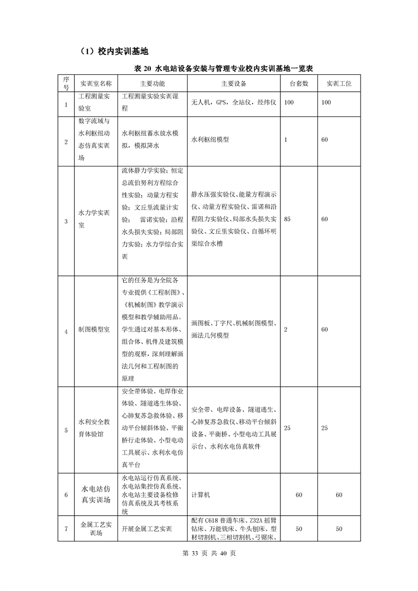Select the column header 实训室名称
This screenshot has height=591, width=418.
pos(95,83)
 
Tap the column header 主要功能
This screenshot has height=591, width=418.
pos(152,83)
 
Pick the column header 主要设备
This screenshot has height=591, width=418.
pos(234,83)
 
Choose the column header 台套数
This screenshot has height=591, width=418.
pos(299,83)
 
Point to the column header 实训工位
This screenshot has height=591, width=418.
pos(339,83)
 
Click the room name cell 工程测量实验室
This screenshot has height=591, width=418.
pos(95,102)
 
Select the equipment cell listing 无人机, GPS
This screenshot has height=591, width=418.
pos(234,102)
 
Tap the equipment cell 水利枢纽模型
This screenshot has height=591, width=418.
pos(210,140)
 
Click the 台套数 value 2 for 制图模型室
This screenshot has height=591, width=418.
pos(286,329)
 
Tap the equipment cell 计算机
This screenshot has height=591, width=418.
pos(201,495)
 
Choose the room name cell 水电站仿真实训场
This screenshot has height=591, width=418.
pos(95,495)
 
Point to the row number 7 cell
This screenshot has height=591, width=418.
pos(66,529)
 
